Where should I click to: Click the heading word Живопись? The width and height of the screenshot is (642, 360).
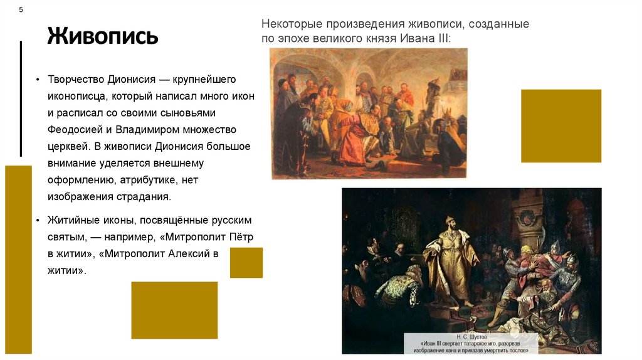103,36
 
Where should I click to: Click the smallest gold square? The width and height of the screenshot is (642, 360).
246,262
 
